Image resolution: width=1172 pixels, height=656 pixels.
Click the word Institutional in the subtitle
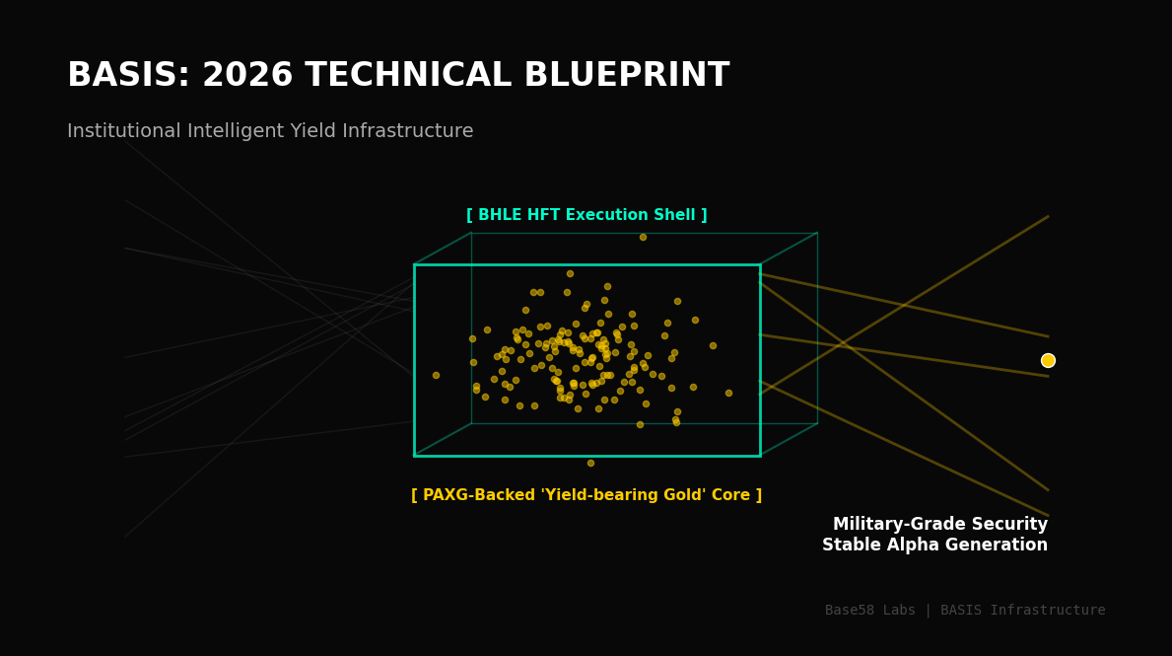coord(123,131)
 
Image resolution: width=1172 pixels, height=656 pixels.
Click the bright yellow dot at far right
coord(1048,360)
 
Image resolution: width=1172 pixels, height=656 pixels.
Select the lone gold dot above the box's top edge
coord(643,237)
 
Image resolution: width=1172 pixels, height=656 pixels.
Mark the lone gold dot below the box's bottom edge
coord(590,463)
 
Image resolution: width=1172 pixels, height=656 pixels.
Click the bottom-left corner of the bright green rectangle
coord(414,456)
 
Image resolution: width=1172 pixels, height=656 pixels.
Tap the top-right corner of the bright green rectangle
coord(760,264)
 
